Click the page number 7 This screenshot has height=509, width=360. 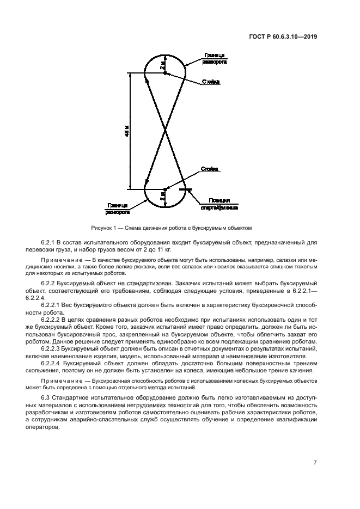pyautogui.click(x=315, y=463)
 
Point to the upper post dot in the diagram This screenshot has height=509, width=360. pyautogui.click(x=165, y=72)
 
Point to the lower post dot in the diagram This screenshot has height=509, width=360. pyautogui.click(x=165, y=189)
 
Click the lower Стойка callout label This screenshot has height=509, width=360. pyautogui.click(x=210, y=169)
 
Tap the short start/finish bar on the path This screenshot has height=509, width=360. pyautogui.click(x=186, y=189)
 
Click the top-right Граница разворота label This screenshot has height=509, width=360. pyautogui.click(x=215, y=58)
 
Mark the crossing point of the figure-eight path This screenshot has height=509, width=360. pyautogui.click(x=165, y=131)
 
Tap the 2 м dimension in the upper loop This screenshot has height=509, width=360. pyautogui.click(x=162, y=65)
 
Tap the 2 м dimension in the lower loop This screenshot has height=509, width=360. pyautogui.click(x=162, y=197)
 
